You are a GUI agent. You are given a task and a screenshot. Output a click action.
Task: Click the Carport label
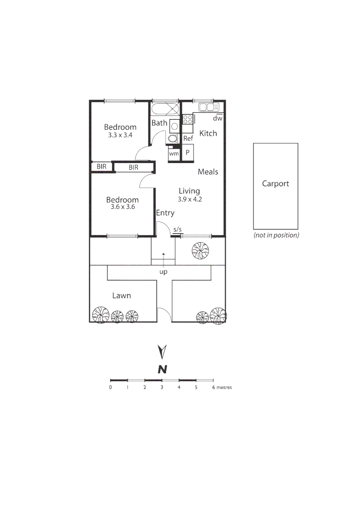click(x=275, y=184)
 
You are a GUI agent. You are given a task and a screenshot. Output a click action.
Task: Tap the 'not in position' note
click(x=276, y=235)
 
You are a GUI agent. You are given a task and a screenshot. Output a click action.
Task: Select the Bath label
click(x=159, y=123)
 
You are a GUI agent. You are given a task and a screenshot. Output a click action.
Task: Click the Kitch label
click(x=208, y=133)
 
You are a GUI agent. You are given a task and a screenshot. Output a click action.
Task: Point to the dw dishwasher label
click(x=217, y=119)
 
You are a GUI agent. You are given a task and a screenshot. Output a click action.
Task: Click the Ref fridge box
click(x=188, y=139)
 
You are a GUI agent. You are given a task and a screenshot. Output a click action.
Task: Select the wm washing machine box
click(x=174, y=154)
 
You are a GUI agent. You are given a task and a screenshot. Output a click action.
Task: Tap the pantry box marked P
click(x=188, y=153)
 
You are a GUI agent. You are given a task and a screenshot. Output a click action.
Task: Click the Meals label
click(x=208, y=172)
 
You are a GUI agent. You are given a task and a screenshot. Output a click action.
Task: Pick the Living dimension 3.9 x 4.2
click(x=189, y=199)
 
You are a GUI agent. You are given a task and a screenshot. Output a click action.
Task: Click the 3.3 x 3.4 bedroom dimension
click(x=120, y=135)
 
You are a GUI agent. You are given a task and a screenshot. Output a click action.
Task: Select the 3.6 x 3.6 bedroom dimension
click(x=122, y=207)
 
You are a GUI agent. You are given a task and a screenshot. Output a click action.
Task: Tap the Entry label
click(x=165, y=213)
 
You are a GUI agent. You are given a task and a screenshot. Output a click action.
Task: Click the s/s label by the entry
click(x=177, y=230)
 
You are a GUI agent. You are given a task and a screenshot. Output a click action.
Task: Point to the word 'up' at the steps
click(x=164, y=272)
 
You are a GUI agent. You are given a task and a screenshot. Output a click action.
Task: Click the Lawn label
click(x=122, y=296)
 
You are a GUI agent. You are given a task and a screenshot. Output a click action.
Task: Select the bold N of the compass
click(x=163, y=369)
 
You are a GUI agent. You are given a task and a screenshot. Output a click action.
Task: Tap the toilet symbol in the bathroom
click(x=173, y=138)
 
